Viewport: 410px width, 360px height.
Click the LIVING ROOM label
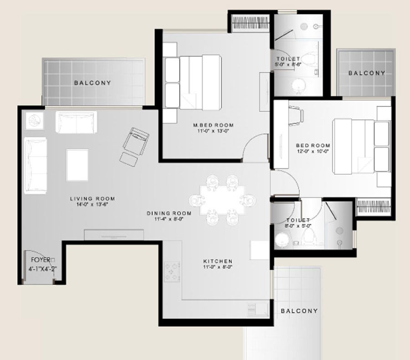[x=92, y=199]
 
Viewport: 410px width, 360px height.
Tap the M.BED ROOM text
[x=213, y=125]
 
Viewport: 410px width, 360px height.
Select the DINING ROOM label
[x=169, y=213]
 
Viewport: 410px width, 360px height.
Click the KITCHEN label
[x=218, y=261]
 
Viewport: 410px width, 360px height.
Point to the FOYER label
[x=41, y=260]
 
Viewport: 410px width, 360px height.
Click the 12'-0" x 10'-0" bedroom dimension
[x=313, y=151]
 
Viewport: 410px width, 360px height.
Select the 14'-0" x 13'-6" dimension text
[x=92, y=204]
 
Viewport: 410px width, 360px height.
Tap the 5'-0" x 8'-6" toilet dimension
[x=288, y=64]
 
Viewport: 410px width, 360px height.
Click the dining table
[x=222, y=200]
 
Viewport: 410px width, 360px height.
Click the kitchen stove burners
[x=172, y=272]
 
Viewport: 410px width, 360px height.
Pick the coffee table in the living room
[x=77, y=165]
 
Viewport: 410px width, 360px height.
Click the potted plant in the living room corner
[x=34, y=121]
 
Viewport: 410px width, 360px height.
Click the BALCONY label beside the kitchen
[x=299, y=311]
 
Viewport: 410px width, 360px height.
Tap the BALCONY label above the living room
[x=92, y=83]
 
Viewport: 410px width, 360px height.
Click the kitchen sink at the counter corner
[x=257, y=309]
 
